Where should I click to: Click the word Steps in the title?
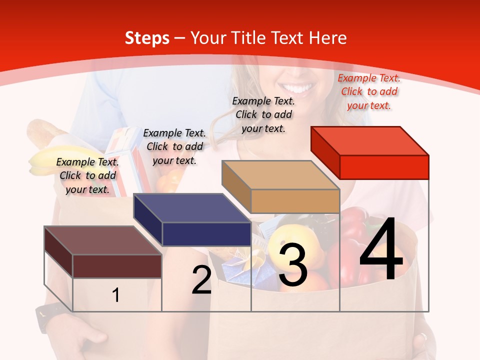147,38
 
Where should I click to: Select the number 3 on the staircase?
292,265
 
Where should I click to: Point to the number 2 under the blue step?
201,280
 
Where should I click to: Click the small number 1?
115,295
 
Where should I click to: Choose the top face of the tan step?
280,175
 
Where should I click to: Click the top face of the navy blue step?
191,208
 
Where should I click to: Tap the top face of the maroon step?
102,240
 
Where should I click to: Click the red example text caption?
369,91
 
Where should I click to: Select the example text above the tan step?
263,114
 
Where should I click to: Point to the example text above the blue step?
174,146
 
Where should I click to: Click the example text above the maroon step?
87,175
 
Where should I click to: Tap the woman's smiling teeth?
300,90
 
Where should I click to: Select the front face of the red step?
384,167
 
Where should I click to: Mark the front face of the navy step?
206,234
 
